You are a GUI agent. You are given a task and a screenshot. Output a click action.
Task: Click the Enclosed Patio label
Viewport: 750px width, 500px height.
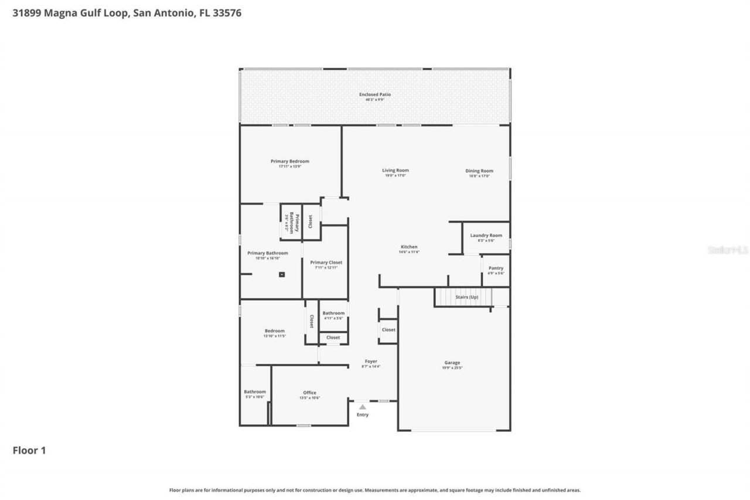tap(375, 94)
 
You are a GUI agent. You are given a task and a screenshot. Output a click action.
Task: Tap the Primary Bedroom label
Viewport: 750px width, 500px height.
tap(290, 161)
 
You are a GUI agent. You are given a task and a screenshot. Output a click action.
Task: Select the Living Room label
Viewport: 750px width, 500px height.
tap(396, 171)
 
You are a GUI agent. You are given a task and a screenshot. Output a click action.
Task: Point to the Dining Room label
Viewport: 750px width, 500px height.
tap(479, 171)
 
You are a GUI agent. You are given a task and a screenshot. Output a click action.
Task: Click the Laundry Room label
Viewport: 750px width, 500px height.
tap(486, 236)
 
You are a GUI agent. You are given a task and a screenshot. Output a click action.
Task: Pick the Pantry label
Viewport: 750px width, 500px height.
tap(496, 268)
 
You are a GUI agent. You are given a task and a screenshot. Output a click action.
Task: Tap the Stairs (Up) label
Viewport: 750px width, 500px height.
tap(467, 297)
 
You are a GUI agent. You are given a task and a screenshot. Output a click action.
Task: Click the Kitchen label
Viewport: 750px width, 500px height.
tap(409, 247)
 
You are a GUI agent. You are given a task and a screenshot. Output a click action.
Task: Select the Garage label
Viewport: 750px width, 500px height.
tap(452, 363)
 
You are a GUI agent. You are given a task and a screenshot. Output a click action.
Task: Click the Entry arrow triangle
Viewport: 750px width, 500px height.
tap(363, 406)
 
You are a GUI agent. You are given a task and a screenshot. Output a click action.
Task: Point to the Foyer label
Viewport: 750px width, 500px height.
tap(371, 362)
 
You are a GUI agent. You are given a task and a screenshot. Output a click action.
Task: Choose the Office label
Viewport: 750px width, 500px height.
tap(309, 393)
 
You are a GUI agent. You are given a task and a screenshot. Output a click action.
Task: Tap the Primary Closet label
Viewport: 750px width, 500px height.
tap(326, 263)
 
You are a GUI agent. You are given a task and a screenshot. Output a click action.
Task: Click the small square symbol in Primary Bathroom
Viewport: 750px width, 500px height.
tap(282, 274)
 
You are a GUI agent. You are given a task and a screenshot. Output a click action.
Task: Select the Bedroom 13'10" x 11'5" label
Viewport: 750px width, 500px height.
tap(275, 331)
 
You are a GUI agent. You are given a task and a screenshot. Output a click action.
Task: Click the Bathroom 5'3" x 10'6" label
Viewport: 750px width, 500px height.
tap(255, 392)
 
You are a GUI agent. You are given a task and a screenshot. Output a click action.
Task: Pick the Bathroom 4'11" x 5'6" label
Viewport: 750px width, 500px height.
tap(333, 313)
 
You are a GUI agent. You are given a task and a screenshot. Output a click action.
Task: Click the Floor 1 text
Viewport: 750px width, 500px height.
tap(29, 450)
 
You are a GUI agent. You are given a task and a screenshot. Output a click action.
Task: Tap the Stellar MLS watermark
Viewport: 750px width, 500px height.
tap(728, 250)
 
